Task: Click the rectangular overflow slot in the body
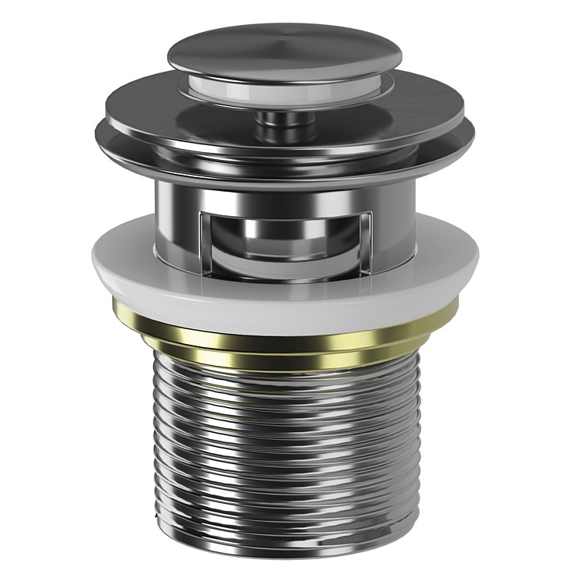pos(285,234)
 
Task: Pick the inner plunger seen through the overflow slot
pos(285,234)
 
